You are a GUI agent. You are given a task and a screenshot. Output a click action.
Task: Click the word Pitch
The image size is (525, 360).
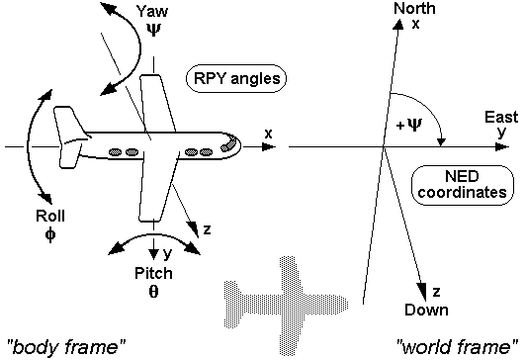pos(155,272)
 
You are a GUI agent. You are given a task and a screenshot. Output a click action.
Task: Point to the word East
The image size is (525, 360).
pos(500,118)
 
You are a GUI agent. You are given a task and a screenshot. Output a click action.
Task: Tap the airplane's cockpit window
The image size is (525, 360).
pos(228,145)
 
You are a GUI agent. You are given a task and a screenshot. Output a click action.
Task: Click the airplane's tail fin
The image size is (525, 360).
pos(68,127)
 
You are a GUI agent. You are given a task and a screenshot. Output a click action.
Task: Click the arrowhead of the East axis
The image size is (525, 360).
pos(508,146)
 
